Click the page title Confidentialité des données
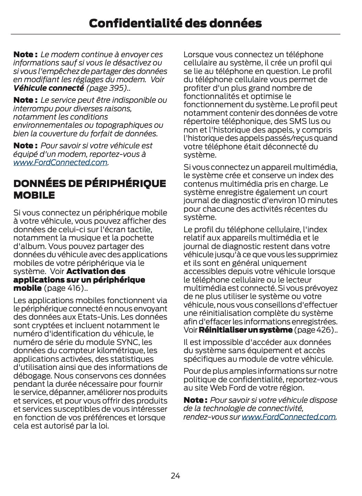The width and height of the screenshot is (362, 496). [x=175, y=23]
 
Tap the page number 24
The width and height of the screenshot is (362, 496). [x=175, y=475]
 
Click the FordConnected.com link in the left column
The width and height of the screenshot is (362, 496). [x=60, y=162]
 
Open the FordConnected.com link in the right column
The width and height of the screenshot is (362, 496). [x=289, y=417]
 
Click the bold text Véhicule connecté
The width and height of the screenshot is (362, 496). [x=48, y=88]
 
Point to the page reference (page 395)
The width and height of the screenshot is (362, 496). [x=106, y=88]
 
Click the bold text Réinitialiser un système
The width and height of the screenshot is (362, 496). [x=245, y=330]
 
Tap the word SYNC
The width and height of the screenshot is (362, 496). [x=128, y=342]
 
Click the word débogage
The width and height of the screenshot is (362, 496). [x=29, y=376]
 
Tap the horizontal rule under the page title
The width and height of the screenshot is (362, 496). [x=175, y=34]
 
